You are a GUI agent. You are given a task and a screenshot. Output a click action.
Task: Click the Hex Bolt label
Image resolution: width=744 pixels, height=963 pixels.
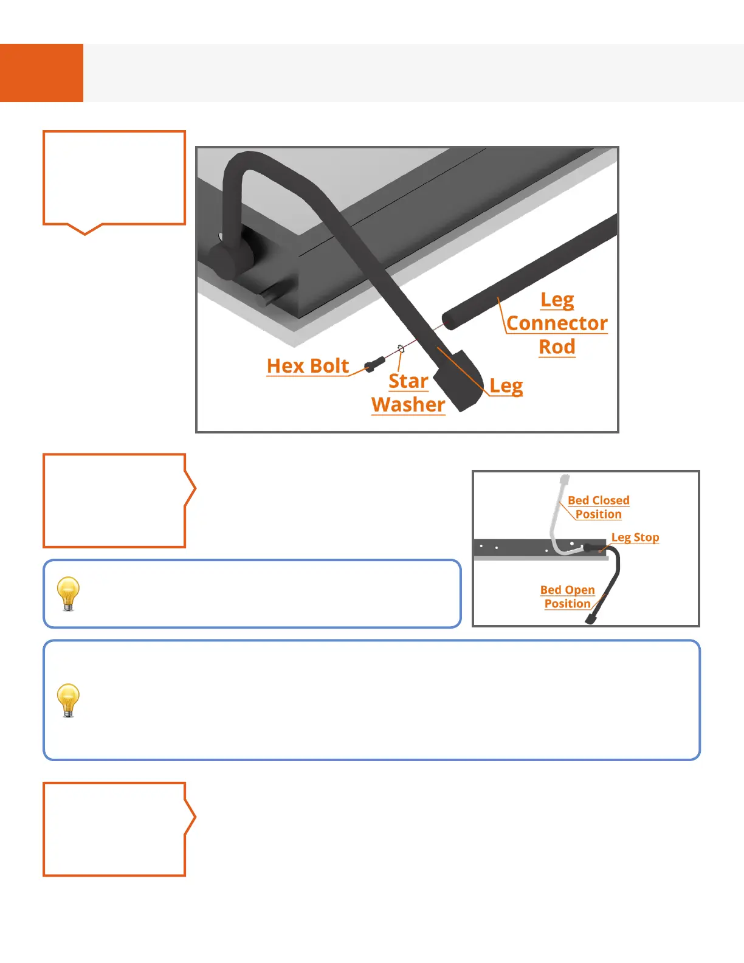click(x=308, y=366)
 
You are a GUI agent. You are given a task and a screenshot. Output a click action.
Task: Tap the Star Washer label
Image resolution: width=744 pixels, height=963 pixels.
click(x=408, y=393)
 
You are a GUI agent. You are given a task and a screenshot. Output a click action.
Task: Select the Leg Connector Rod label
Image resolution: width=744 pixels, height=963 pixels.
click(x=557, y=323)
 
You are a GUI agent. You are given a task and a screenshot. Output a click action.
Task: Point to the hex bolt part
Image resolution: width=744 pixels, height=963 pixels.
click(x=374, y=365)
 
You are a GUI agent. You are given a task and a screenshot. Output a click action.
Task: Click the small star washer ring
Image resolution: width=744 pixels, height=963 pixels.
click(x=401, y=348)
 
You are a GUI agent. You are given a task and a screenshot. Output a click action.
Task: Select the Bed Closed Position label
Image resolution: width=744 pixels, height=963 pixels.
click(x=598, y=507)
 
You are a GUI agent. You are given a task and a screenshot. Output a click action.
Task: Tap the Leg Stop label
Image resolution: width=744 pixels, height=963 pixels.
click(x=635, y=537)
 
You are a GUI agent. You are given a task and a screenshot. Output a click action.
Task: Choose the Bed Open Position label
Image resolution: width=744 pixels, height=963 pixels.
click(x=567, y=596)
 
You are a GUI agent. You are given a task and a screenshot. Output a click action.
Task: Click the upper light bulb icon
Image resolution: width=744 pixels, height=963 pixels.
click(x=68, y=593)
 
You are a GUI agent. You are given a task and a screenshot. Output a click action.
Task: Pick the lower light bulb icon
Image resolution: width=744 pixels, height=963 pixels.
click(x=68, y=700)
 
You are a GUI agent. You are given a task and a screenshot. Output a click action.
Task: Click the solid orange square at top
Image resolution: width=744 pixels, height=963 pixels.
click(x=41, y=73)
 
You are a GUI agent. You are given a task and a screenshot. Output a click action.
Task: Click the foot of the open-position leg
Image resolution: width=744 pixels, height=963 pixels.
click(x=591, y=619)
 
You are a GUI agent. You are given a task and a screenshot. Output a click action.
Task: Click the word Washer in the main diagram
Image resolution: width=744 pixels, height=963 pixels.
click(x=408, y=405)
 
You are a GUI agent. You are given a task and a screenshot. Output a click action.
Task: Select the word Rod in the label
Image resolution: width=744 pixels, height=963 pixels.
click(x=557, y=347)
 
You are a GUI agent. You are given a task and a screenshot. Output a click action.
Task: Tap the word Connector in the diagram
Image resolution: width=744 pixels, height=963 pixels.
click(x=557, y=323)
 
